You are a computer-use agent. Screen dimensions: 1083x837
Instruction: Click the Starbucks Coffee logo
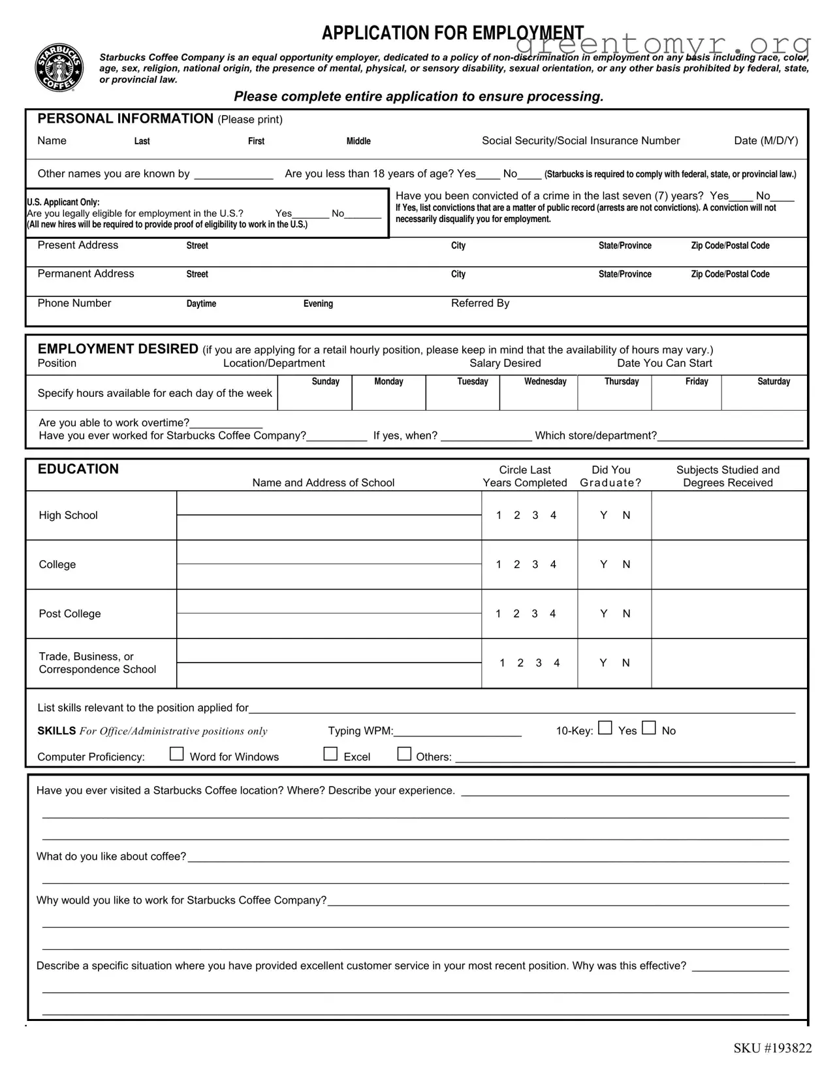59,68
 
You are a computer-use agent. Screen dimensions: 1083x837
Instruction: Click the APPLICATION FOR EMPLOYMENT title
452,33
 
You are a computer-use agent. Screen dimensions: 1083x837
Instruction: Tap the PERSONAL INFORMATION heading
125,119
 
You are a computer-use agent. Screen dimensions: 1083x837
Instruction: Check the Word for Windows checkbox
176,754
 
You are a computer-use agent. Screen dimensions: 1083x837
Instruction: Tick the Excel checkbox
331,754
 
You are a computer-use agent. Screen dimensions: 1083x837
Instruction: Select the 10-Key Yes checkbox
605,728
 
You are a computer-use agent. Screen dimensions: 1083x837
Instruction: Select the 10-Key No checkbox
648,728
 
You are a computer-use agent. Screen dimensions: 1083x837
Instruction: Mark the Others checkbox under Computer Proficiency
405,754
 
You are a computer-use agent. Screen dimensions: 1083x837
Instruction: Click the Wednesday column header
545,382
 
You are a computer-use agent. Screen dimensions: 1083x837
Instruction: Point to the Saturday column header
774,382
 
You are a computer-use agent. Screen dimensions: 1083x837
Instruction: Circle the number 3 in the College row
535,565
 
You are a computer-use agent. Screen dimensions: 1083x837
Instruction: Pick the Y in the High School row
604,516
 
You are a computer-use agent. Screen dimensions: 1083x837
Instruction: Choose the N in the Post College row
626,614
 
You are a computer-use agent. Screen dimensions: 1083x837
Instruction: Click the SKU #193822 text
772,1048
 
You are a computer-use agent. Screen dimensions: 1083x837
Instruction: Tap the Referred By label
480,304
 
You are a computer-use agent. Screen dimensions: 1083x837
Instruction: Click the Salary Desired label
505,364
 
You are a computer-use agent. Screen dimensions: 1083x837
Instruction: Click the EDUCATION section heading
78,469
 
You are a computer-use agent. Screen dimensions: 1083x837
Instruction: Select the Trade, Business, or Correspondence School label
97,663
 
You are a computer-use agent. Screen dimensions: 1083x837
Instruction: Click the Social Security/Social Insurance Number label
580,141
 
